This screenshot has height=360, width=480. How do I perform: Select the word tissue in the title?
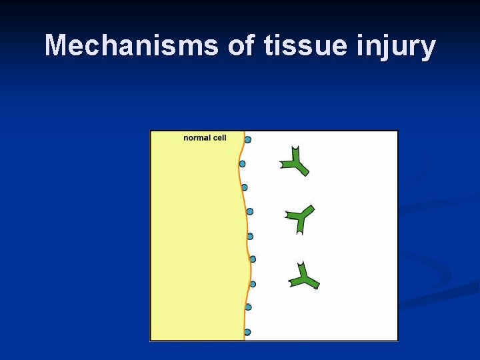point(299,46)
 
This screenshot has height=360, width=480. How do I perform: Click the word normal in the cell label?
point(197,138)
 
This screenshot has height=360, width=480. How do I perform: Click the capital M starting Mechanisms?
point(57,46)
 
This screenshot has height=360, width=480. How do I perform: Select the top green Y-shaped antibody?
point(294,161)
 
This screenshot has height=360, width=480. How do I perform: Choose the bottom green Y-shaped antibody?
point(304,276)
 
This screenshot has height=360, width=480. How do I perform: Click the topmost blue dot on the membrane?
point(248,139)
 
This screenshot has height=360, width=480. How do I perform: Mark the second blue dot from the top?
point(242,163)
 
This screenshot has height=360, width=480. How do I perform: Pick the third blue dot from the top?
point(245,187)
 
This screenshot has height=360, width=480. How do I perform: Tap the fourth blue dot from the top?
point(250,211)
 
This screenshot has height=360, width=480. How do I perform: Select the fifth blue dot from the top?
point(250,236)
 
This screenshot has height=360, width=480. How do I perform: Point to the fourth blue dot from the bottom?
point(253,259)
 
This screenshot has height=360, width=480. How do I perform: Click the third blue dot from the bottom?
point(253,284)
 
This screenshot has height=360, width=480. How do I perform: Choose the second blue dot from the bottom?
point(249,307)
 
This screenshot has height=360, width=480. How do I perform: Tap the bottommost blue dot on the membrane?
point(247,332)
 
